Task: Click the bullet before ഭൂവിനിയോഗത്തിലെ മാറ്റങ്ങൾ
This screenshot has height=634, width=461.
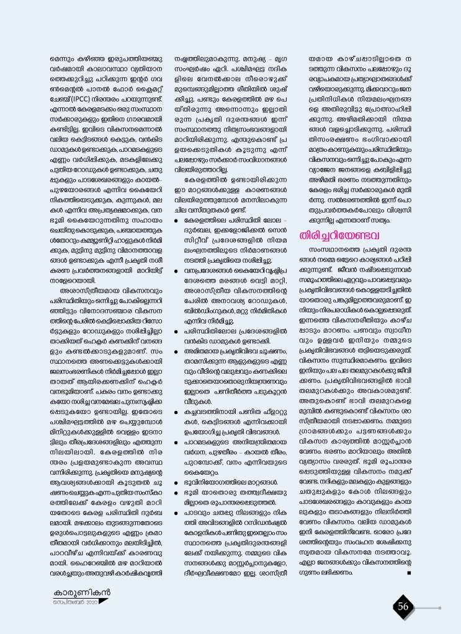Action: coord(177,481)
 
